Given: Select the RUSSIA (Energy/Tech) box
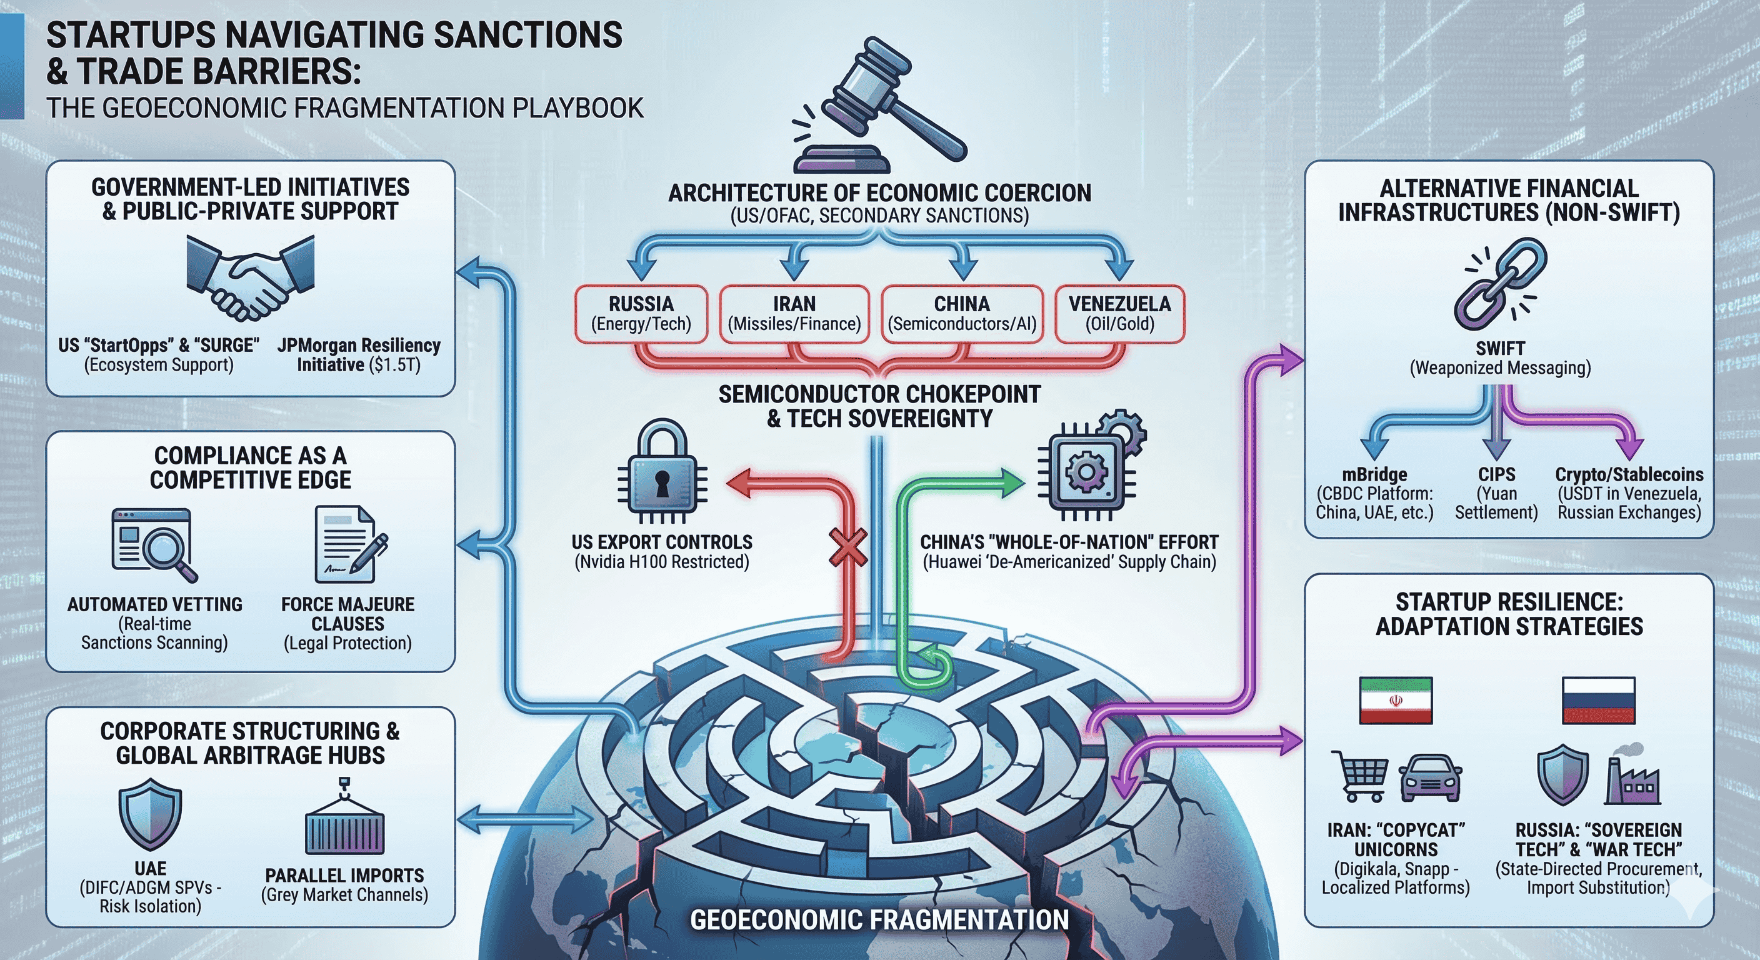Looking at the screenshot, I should tap(641, 314).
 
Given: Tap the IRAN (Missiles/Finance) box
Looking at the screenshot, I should tap(794, 314).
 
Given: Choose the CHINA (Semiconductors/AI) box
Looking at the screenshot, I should tap(962, 314).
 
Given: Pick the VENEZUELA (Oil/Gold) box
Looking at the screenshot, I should tap(1119, 314).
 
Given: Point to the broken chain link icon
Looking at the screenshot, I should tap(1501, 284).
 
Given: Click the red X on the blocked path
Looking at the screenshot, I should tap(848, 547).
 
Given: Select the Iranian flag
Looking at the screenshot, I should tap(1395, 701).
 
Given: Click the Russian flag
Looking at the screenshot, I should tap(1598, 701).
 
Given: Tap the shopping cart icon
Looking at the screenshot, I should tap(1359, 776).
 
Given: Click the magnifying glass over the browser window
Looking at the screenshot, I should tap(167, 549).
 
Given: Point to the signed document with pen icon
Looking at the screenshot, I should tap(349, 544).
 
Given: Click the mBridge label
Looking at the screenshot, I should tap(1374, 474).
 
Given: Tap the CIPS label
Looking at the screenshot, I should tap(1496, 474).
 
